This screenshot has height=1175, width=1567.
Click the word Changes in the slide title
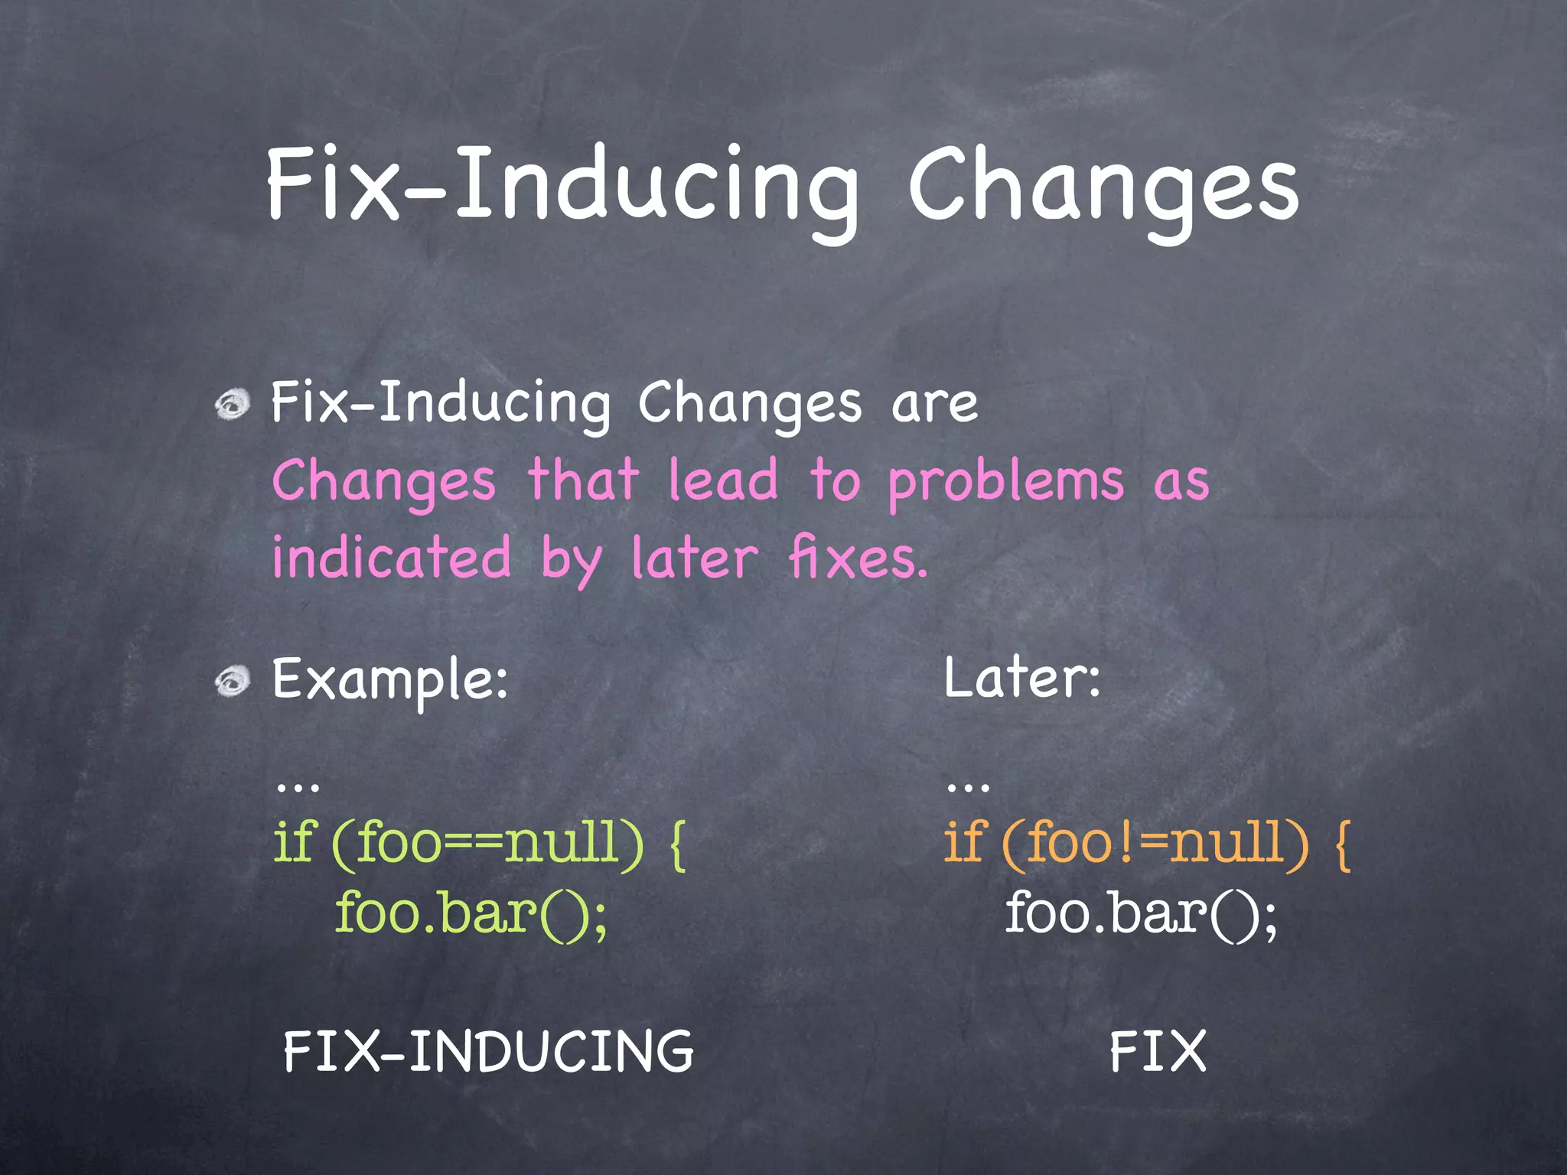1103,187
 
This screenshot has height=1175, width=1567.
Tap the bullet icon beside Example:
233,680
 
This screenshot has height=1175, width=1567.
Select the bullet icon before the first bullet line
233,403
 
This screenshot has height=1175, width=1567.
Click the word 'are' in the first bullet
934,404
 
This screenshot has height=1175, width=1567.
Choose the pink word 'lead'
723,480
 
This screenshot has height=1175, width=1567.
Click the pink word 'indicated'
392,557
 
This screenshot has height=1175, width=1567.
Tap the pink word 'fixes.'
858,557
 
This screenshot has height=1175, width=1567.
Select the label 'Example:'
390,680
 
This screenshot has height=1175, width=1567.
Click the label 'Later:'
1022,678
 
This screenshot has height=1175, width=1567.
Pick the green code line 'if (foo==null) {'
480,843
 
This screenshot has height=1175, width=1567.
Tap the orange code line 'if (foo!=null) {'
1147,843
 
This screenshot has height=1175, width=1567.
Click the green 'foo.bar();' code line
471,913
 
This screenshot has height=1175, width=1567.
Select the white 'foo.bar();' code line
1141,913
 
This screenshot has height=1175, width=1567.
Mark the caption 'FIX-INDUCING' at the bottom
488,1051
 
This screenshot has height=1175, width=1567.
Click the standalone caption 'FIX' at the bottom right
1158,1051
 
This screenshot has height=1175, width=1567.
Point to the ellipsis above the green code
298,786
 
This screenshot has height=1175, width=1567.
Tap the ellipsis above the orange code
968,786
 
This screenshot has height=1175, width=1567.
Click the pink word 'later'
695,557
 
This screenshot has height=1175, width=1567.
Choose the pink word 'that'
583,480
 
